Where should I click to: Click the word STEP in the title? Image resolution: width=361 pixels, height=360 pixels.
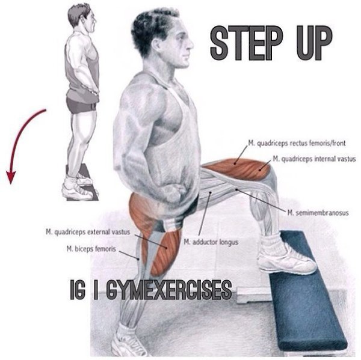pyautogui.click(x=247, y=43)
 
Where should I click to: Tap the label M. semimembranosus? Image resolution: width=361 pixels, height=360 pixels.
pyautogui.click(x=318, y=213)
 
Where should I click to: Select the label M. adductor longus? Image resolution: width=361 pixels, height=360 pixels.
pyautogui.click(x=211, y=242)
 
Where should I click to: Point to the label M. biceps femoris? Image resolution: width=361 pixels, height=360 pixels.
pyautogui.click(x=91, y=249)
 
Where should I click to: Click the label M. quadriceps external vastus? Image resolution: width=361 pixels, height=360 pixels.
pyautogui.click(x=88, y=232)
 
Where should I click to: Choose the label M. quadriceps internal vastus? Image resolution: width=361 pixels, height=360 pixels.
pyautogui.click(x=315, y=159)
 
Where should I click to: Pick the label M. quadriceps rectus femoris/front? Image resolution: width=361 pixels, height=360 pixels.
pyautogui.click(x=297, y=143)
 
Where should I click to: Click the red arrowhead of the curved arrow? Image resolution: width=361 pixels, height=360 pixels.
pyautogui.click(x=11, y=177)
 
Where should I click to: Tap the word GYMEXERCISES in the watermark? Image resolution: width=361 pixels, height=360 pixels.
pyautogui.click(x=169, y=290)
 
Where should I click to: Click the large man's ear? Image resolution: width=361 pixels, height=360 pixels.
pyautogui.click(x=156, y=45)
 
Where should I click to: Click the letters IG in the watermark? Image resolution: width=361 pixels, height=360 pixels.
pyautogui.click(x=78, y=290)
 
